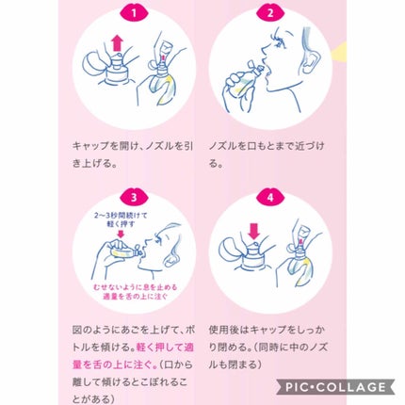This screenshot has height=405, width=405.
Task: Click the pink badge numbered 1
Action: pos(133,14)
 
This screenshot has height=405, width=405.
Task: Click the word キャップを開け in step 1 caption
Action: pos(100,147)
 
